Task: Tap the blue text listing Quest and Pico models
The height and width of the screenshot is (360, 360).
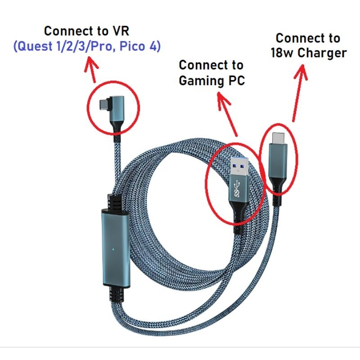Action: [x=87, y=46]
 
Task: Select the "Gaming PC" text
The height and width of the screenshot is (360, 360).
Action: [x=211, y=81]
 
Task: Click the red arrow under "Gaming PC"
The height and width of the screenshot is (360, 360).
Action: [x=227, y=112]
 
